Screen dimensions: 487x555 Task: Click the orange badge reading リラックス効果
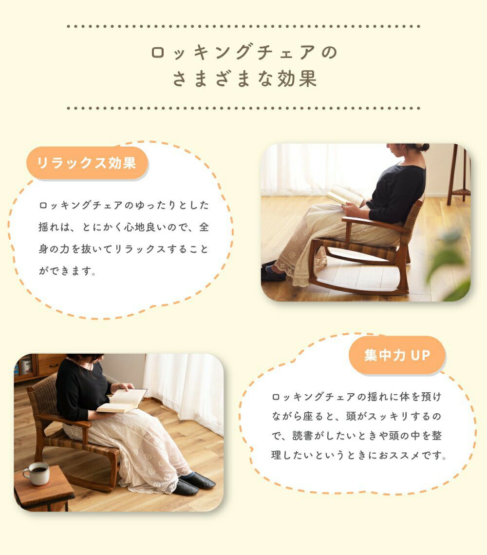coord(87,163)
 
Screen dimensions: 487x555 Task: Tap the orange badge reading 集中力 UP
coord(397,355)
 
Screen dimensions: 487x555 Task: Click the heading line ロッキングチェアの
coord(243,53)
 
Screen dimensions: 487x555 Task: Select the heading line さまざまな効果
coord(244,78)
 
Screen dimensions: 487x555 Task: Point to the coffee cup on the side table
coord(37,473)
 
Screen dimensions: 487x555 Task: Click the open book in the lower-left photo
coord(122,401)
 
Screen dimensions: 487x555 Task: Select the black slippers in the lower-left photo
coord(194,483)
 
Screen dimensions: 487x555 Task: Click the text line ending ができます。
coord(67,271)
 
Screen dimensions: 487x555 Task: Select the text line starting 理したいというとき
coord(358,455)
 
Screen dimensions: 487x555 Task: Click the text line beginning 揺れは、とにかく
coord(123,227)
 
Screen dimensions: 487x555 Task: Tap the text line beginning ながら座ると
coord(356,416)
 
